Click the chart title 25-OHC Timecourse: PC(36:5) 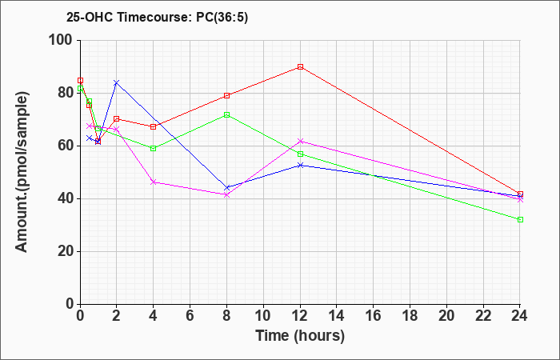(x=157, y=17)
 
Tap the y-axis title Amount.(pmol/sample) (x=22, y=172)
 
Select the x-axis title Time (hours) (x=300, y=336)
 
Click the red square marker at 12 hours (x=300, y=66)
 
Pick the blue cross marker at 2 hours (x=117, y=83)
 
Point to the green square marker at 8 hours (x=226, y=115)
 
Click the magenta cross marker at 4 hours (x=154, y=182)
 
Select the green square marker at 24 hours (x=520, y=220)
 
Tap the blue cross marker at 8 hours (x=226, y=188)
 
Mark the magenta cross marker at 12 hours (x=300, y=142)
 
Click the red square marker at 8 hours (x=226, y=96)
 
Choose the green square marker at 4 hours (x=154, y=149)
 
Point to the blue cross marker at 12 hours (x=300, y=166)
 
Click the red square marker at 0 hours (x=80, y=81)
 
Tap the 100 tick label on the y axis (x=61, y=40)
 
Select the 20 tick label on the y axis (x=65, y=251)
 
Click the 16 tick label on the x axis (x=374, y=316)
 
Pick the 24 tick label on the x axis (x=520, y=316)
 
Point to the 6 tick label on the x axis (x=190, y=316)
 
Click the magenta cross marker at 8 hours (x=226, y=195)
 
